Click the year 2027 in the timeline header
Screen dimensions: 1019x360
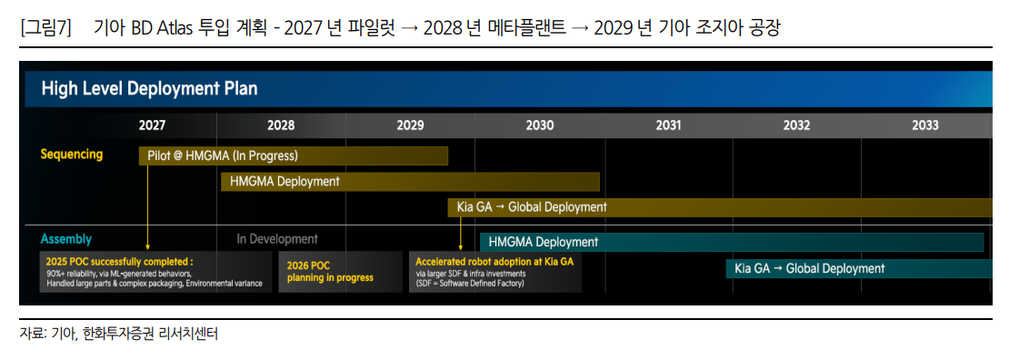(152, 125)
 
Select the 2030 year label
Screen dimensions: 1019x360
(539, 125)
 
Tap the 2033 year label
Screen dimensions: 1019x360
(924, 125)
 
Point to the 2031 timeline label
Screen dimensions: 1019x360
(668, 125)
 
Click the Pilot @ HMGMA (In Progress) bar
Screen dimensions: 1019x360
(293, 156)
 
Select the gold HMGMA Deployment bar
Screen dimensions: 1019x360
(410, 181)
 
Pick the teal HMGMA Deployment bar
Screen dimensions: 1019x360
(732, 242)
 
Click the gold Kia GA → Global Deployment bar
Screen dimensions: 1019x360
(720, 207)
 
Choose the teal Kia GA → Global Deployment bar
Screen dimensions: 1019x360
(859, 268)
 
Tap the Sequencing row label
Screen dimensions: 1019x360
(72, 155)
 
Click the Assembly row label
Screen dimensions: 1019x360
(65, 239)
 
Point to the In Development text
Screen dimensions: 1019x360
(277, 239)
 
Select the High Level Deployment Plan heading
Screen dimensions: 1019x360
(149, 89)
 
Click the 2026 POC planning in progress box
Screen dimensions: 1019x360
(341, 272)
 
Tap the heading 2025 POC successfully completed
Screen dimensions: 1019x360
(120, 261)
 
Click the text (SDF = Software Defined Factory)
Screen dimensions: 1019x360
(470, 284)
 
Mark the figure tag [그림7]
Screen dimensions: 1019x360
(45, 28)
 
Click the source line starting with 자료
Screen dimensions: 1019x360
(119, 335)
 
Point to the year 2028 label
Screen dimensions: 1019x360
(281, 125)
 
